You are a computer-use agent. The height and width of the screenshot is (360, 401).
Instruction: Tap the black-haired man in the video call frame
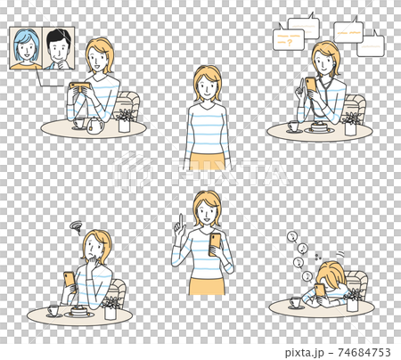click(x=58, y=49)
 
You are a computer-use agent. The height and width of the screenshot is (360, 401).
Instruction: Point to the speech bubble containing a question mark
click(x=288, y=39)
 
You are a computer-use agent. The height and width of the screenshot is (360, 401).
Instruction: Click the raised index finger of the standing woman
click(x=178, y=218)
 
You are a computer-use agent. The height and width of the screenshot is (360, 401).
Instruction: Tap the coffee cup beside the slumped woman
click(x=295, y=302)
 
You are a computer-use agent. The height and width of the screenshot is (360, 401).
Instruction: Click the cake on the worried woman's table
click(x=79, y=311)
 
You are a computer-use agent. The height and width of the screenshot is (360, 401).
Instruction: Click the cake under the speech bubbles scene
click(x=318, y=128)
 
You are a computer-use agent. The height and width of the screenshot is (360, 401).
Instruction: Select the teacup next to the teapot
click(x=77, y=124)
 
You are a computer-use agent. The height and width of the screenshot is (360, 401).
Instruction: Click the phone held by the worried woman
click(x=70, y=280)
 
